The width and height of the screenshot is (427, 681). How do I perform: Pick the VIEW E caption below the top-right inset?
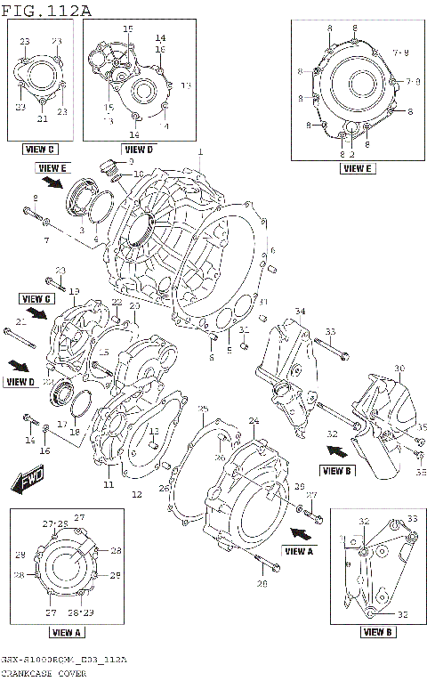pos(356,167)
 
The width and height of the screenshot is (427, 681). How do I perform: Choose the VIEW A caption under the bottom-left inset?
pos(68,633)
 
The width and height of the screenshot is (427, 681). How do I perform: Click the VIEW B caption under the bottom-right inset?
pos(377,633)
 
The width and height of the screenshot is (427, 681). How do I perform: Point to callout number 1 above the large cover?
pos(200,152)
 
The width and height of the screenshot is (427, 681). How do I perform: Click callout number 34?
pos(300,311)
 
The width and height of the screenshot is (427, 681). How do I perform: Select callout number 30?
pos(399,368)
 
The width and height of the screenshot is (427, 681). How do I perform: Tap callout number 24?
pos(254,420)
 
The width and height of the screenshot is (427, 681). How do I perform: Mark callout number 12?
pos(136,494)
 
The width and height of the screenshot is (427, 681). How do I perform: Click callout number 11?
pos(109,485)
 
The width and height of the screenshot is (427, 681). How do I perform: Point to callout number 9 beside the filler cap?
pos(131,162)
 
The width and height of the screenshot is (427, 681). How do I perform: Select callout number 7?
pos(47,241)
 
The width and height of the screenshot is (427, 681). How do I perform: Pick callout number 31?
pos(243,331)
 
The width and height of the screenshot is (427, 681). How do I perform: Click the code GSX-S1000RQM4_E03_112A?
pos(64,660)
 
